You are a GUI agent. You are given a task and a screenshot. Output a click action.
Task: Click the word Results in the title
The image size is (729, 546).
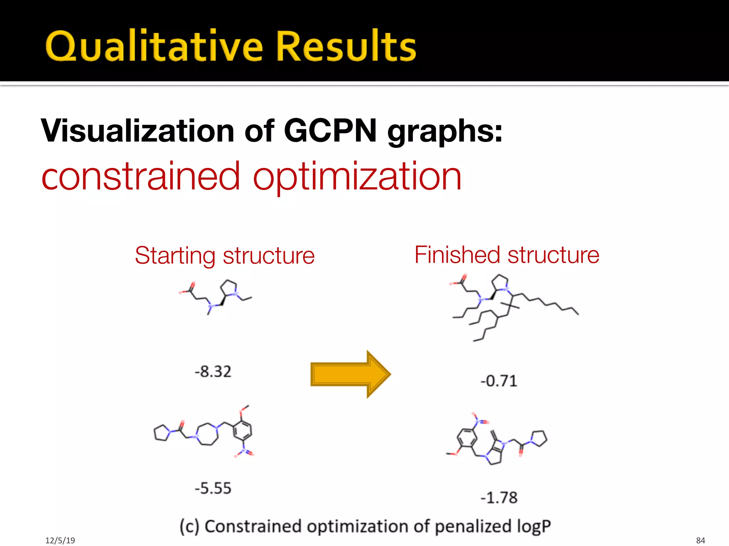346,46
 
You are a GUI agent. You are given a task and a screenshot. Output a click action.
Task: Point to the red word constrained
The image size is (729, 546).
141,176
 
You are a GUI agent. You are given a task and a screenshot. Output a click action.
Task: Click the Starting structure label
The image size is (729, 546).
225,256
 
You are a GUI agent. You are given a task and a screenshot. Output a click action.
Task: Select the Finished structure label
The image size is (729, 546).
507,255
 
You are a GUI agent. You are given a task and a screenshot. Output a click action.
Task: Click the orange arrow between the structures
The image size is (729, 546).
351,374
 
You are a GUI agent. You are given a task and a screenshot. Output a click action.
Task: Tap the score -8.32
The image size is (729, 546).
213,372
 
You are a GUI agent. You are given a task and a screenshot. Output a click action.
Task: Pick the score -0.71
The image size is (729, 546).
498,381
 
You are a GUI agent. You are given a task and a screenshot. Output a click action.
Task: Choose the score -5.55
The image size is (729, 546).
213,488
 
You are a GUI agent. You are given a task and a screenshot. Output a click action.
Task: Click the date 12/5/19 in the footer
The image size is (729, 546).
60,540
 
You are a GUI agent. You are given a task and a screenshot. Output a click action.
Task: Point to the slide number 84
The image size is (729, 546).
700,540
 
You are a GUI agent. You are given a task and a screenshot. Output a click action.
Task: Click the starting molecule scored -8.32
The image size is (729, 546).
215,297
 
